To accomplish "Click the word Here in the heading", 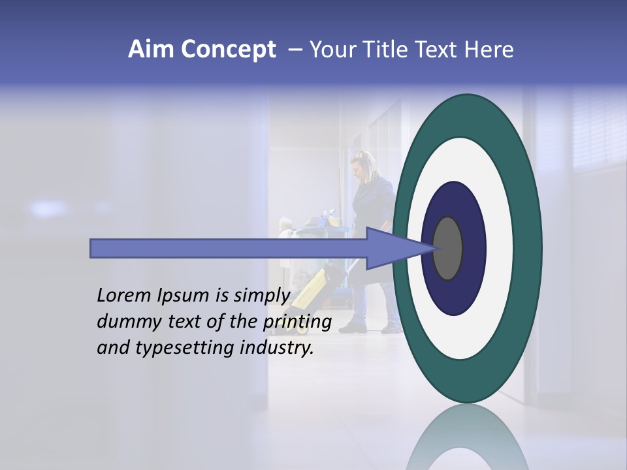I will tap(490, 50).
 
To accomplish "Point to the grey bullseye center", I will tap(448, 248).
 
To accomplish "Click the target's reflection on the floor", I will tap(467, 437).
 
